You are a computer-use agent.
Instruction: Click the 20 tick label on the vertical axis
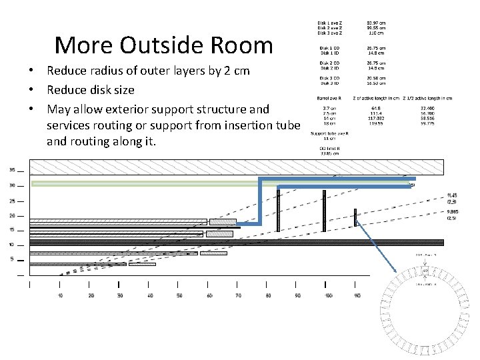click(11, 215)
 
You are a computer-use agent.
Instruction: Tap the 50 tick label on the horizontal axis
click(179, 295)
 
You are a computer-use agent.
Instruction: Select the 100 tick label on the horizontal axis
click(327, 295)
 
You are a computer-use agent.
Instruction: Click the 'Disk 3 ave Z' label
click(330, 33)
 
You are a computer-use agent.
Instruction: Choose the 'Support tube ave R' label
click(329, 133)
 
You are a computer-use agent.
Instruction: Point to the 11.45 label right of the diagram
click(452, 195)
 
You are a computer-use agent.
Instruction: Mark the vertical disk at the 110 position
click(355, 217)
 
